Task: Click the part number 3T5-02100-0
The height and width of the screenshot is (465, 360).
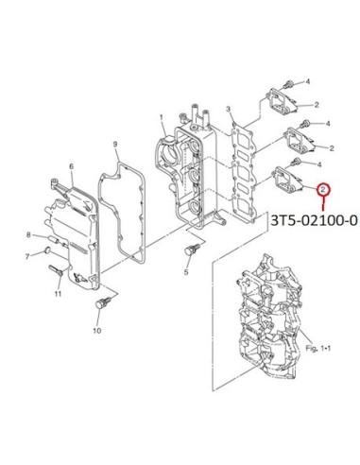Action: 314,221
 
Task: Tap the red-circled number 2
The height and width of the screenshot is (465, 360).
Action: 323,189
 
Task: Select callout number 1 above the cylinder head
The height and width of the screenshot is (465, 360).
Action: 162,118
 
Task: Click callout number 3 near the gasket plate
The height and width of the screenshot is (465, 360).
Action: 229,110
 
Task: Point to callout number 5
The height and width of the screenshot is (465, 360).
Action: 186,272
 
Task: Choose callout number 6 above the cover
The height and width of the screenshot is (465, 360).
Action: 71,166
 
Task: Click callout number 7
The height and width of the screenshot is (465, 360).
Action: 27,257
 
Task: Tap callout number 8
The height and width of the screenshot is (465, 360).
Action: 28,234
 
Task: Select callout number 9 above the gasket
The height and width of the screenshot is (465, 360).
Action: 115,145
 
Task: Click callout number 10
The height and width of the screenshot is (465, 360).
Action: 97,331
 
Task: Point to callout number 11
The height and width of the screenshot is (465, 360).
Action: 58,294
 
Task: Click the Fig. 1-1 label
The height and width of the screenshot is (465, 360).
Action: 318,348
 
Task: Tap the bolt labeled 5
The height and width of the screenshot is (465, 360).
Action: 191,250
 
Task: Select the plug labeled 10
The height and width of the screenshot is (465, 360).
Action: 103,303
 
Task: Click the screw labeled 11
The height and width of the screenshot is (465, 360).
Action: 56,270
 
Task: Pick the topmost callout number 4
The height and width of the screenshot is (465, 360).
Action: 308,82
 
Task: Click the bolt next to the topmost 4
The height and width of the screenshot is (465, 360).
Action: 288,84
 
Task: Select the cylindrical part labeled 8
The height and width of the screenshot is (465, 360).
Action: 53,240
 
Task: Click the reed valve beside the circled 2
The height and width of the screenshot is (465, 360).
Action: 286,182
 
